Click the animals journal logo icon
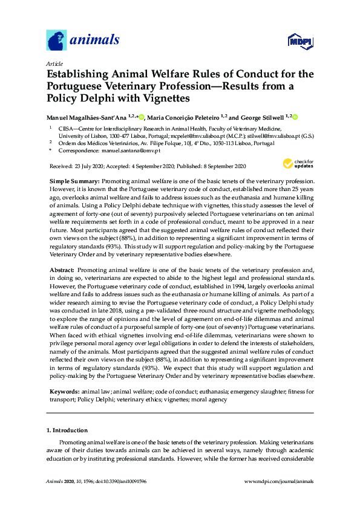tap(56, 40)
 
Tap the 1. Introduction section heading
tap(67, 430)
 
